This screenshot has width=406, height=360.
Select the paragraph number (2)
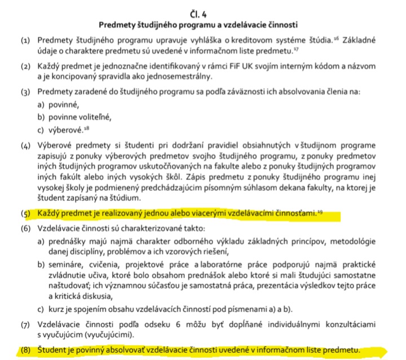tap(25, 67)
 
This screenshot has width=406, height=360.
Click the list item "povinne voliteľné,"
tap(79, 117)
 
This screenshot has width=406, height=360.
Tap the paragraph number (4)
tap(25, 144)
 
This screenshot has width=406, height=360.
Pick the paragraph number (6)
tap(25, 230)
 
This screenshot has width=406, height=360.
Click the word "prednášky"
tap(64, 243)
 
